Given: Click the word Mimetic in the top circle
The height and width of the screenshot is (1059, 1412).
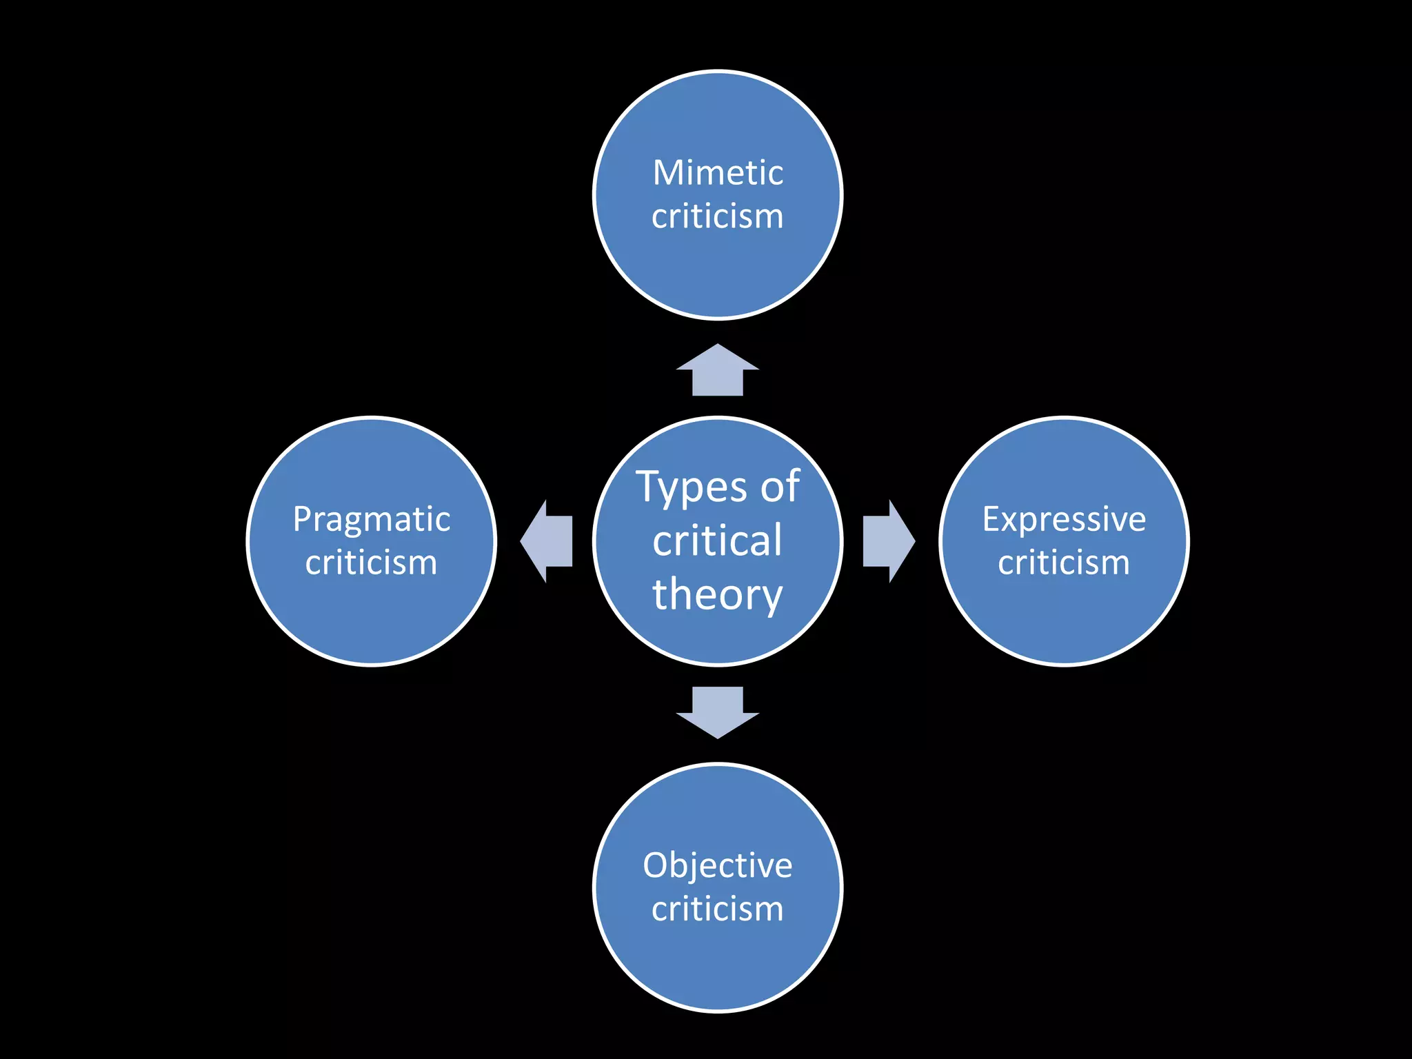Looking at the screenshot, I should (x=718, y=173).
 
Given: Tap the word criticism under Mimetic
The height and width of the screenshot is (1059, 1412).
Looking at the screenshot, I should (x=718, y=216).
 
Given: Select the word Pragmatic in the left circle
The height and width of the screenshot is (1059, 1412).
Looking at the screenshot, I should (x=372, y=520).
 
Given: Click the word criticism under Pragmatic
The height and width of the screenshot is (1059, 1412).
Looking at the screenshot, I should (x=372, y=563).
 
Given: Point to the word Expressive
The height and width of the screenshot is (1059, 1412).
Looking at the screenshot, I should (x=1064, y=519).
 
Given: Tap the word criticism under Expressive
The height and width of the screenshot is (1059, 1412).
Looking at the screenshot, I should (x=1064, y=563).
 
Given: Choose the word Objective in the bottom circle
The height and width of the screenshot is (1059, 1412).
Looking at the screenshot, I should (x=718, y=866).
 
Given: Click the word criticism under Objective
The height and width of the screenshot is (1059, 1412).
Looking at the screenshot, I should (x=718, y=909).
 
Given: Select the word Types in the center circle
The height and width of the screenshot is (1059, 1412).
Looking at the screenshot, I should (x=691, y=488).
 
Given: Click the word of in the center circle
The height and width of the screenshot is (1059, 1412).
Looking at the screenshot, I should (x=780, y=487).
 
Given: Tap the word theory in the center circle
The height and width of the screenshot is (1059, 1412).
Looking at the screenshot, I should (x=718, y=595).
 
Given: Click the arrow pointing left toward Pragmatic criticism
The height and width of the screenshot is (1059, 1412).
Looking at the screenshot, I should (x=547, y=541).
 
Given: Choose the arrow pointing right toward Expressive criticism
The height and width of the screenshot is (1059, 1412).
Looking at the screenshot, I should (x=888, y=541).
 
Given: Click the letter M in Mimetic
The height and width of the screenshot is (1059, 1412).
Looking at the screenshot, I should (x=667, y=173).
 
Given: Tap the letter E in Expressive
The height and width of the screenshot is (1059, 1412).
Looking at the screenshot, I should (x=991, y=519).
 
